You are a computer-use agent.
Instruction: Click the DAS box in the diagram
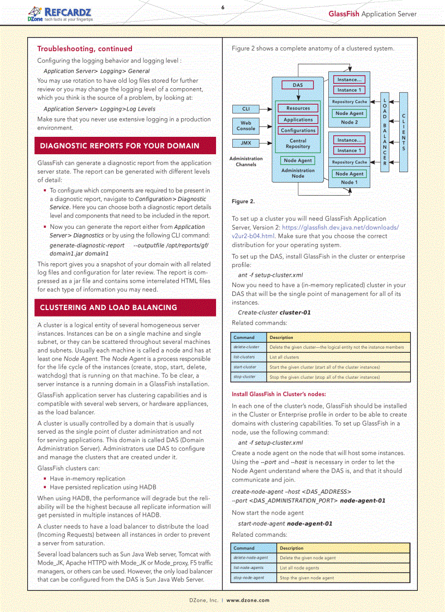tap(298, 85)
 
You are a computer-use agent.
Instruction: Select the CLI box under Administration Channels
tap(246, 109)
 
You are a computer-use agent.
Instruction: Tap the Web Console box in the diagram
tap(246, 126)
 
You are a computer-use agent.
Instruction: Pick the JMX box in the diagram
tap(246, 143)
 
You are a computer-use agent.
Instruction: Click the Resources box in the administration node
tap(298, 108)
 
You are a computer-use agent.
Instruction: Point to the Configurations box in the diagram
tap(298, 130)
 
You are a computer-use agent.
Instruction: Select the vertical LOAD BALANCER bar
tap(384, 132)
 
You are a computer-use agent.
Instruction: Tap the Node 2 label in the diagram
tap(349, 123)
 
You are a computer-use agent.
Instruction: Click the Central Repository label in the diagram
tap(298, 144)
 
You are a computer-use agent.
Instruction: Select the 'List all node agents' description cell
tap(344, 568)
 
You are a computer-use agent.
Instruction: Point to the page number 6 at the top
tap(222, 7)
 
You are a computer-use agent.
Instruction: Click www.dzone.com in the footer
tap(248, 600)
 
